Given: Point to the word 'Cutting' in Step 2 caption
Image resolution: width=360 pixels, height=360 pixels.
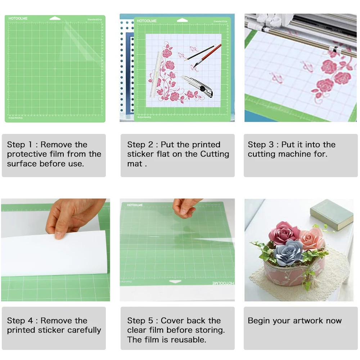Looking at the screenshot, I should click(215, 154).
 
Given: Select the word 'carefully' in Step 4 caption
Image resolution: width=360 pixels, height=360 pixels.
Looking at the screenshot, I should click(82, 330).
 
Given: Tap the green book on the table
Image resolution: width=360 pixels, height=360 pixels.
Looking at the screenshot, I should click(331, 214).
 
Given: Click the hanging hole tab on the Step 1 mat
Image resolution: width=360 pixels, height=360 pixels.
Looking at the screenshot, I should click(55, 18).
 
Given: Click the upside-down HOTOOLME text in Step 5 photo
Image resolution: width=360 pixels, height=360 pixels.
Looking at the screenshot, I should click(223, 283).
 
